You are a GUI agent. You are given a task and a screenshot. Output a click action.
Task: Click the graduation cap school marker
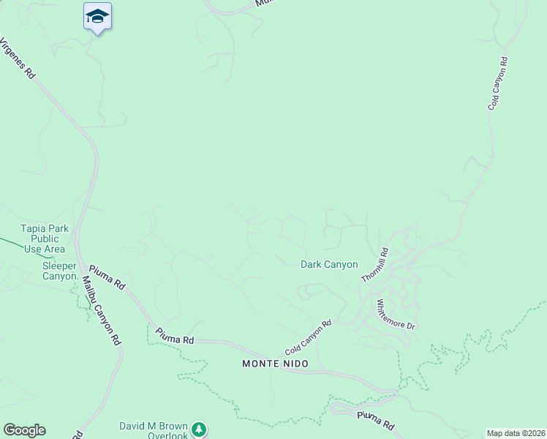pyautogui.click(x=97, y=16)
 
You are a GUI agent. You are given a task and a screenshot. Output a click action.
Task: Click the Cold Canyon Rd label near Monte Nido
pyautogui.click(x=308, y=337)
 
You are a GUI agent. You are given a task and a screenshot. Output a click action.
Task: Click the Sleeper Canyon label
pyautogui.click(x=59, y=271)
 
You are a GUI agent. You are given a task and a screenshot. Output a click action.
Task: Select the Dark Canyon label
pyautogui.click(x=329, y=264)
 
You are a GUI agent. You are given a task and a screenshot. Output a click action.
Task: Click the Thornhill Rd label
pyautogui.click(x=374, y=266)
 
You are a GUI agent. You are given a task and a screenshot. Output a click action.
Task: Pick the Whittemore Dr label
pyautogui.click(x=395, y=314)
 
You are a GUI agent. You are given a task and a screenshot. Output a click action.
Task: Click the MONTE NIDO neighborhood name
pyautogui.click(x=275, y=364)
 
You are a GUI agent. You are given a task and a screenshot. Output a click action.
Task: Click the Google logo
pyautogui.click(x=23, y=430)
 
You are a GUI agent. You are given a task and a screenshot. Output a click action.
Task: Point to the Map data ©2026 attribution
pyautogui.click(x=516, y=433)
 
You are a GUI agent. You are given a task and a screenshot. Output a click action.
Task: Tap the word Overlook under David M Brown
pyautogui.click(x=167, y=435)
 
